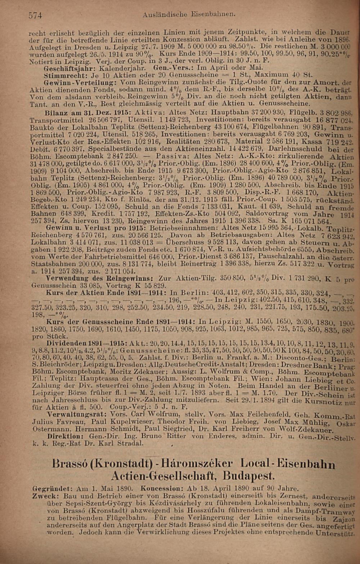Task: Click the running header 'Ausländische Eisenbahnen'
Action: (x=189, y=15)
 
